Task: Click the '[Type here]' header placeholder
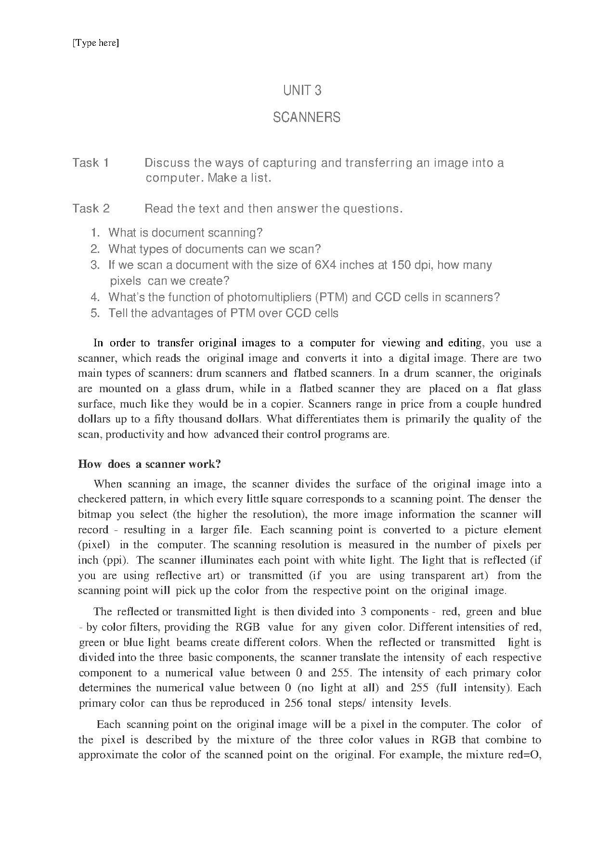tap(95, 43)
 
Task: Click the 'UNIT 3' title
tap(302, 90)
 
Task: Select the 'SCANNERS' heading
tap(306, 117)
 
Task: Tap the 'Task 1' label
tap(91, 163)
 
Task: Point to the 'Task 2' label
tap(91, 209)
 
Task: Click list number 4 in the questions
tap(95, 297)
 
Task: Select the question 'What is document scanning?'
tap(185, 233)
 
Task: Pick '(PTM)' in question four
tap(331, 297)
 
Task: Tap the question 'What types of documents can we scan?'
tap(214, 249)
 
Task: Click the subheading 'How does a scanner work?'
tap(149, 464)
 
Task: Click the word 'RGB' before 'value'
tap(247, 627)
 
